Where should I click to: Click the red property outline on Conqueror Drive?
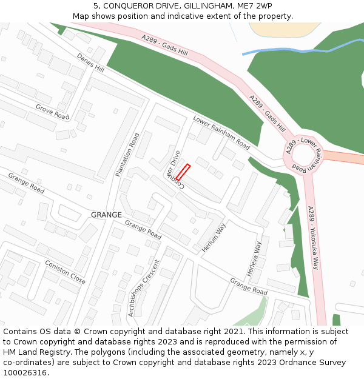click(x=183, y=172)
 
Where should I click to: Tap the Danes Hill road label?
click(x=90, y=63)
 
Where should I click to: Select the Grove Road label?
click(x=52, y=111)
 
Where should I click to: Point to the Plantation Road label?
click(x=127, y=155)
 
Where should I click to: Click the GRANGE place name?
click(x=106, y=215)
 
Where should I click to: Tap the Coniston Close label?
click(x=65, y=272)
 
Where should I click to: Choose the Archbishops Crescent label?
click(x=143, y=288)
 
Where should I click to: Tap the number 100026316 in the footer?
click(x=24, y=372)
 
